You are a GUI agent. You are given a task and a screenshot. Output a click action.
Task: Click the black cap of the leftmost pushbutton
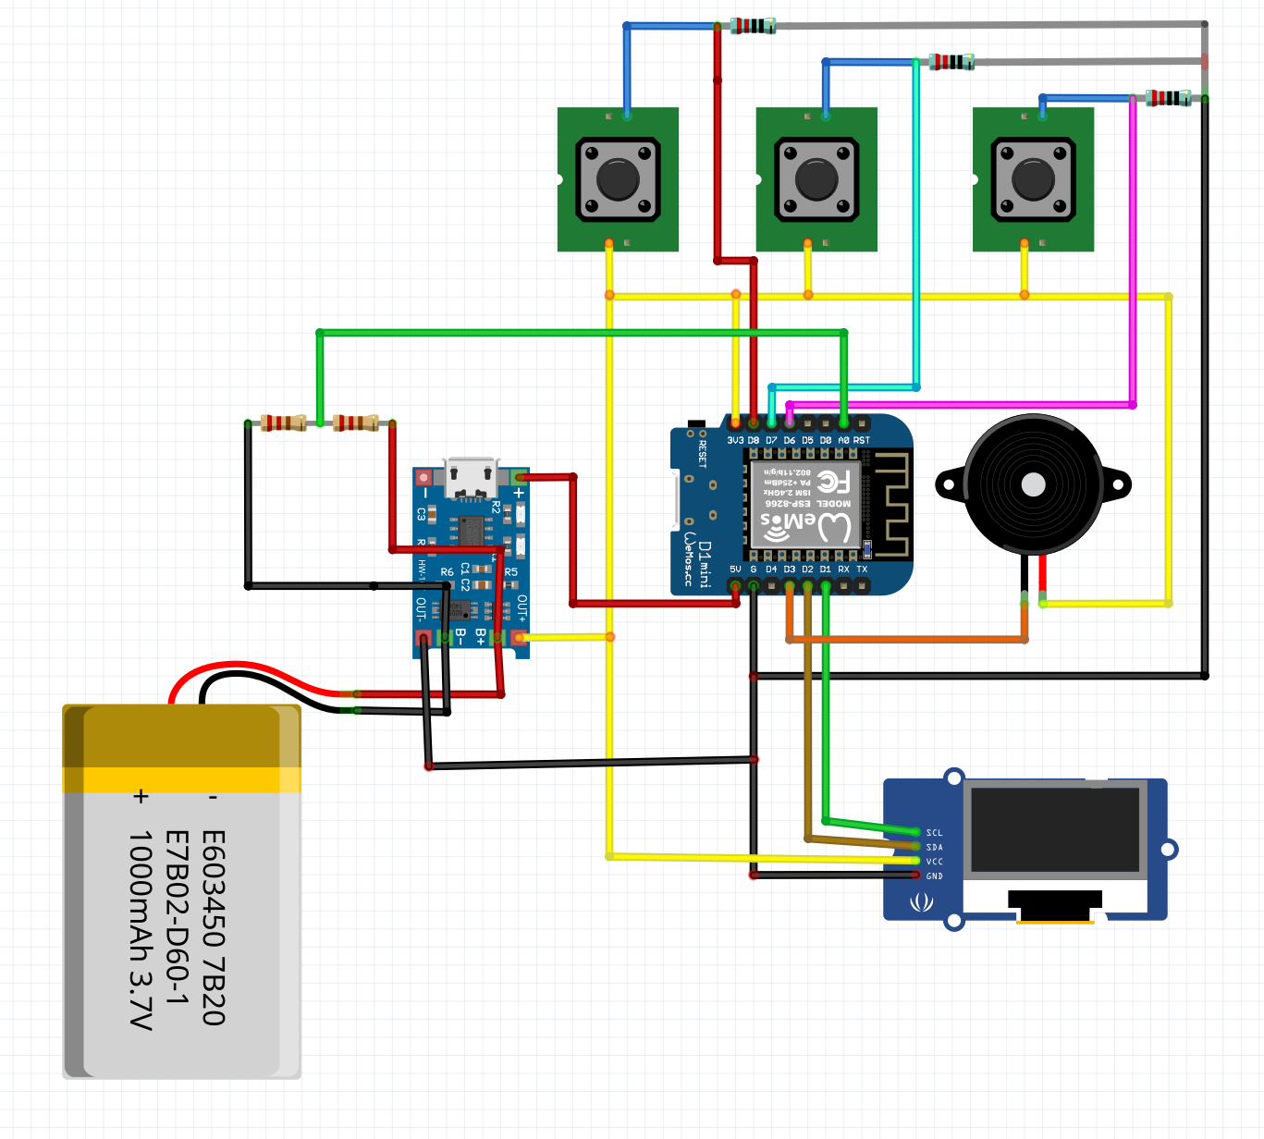coord(618,179)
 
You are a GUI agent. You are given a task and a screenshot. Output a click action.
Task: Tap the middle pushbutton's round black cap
coord(816,179)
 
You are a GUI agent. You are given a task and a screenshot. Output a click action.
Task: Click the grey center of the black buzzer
coord(1033,484)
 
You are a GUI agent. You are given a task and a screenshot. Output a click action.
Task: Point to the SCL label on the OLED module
coord(934,833)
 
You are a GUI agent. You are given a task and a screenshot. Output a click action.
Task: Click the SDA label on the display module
coord(934,847)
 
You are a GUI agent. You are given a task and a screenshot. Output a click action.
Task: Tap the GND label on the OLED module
coord(934,876)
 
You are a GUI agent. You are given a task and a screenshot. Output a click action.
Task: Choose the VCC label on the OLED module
coord(934,862)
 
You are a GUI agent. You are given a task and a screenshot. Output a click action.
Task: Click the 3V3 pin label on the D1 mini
coord(735,440)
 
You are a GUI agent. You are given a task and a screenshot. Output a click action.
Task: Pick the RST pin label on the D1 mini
coord(861,440)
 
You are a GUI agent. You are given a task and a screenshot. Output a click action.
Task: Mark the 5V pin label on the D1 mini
coord(735,569)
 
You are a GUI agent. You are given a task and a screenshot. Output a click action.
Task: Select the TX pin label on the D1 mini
coord(862,569)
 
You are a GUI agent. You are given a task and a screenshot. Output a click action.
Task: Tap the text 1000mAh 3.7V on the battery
coord(140,929)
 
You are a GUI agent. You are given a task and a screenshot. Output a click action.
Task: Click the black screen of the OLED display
coord(1054,829)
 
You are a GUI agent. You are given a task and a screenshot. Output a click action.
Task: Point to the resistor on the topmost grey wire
coord(752,26)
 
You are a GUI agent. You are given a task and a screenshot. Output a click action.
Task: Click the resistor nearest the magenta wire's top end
coord(1168,98)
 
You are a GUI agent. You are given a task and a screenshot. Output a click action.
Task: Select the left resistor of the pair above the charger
coord(283,423)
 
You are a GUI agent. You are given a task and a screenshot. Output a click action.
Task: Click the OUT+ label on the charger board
coord(522,607)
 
